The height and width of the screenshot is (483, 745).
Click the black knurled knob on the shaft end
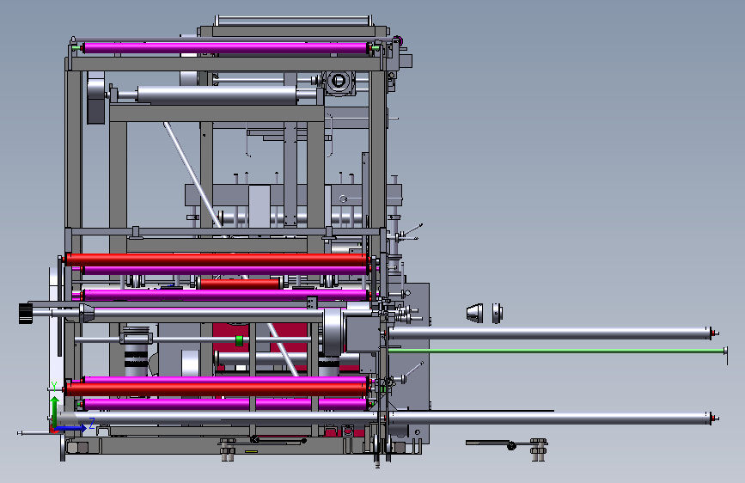[26, 314]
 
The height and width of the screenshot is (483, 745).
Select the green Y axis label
[54, 387]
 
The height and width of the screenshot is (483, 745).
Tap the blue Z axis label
[92, 423]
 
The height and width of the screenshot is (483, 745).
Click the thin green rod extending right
[557, 351]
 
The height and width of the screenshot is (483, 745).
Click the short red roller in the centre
[240, 284]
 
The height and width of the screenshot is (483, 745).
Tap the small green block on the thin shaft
[239, 340]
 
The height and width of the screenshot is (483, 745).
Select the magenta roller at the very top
[226, 48]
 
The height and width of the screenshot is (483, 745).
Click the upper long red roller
[217, 260]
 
